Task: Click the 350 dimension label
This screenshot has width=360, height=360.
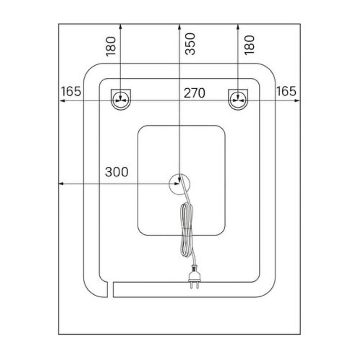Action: pos(190,44)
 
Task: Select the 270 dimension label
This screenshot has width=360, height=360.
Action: pos(194,93)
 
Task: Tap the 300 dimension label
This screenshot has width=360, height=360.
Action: pos(117,172)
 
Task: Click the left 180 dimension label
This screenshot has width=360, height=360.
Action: pos(111,46)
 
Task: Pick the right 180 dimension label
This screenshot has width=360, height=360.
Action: pos(249,45)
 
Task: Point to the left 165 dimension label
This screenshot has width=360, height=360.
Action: pos(71,91)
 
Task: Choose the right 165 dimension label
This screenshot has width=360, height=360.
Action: pos(286,91)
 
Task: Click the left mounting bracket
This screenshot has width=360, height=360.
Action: pos(121,99)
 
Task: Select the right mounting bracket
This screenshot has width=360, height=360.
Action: pos(238,99)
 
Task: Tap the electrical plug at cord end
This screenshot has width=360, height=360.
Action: pos(194,276)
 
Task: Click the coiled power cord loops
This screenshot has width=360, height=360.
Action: pos(187,229)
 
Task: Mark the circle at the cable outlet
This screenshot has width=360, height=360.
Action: pos(180,184)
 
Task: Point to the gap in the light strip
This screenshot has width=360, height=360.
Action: pos(110,289)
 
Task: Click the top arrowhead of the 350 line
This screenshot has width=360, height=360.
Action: pos(179,27)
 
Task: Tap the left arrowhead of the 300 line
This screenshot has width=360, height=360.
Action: pos(61,184)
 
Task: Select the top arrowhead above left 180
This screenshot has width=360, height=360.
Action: pos(121,27)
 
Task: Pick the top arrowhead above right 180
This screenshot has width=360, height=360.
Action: pos(238,27)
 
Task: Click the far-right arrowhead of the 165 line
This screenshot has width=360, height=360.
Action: pos(297,100)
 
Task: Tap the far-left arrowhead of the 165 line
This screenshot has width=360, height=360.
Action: pos(62,100)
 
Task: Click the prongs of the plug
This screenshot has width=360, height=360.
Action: pos(194,285)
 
